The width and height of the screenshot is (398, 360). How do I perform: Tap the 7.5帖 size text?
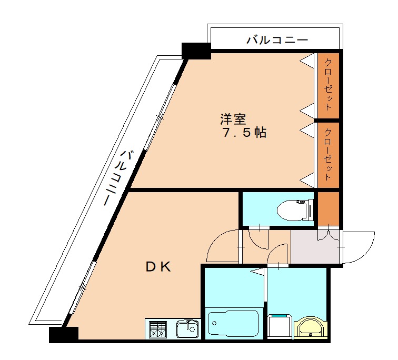tap(243, 133)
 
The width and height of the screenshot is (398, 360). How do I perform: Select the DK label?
tap(158, 267)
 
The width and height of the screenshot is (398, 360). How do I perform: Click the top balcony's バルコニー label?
tap(276, 39)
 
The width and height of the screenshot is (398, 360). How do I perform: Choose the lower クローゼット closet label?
tap(327, 155)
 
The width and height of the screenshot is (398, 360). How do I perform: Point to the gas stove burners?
tap(157, 329)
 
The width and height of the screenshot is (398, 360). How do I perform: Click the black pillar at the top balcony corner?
tap(196, 51)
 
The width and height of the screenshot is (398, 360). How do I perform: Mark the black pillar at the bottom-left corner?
tap(63, 334)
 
